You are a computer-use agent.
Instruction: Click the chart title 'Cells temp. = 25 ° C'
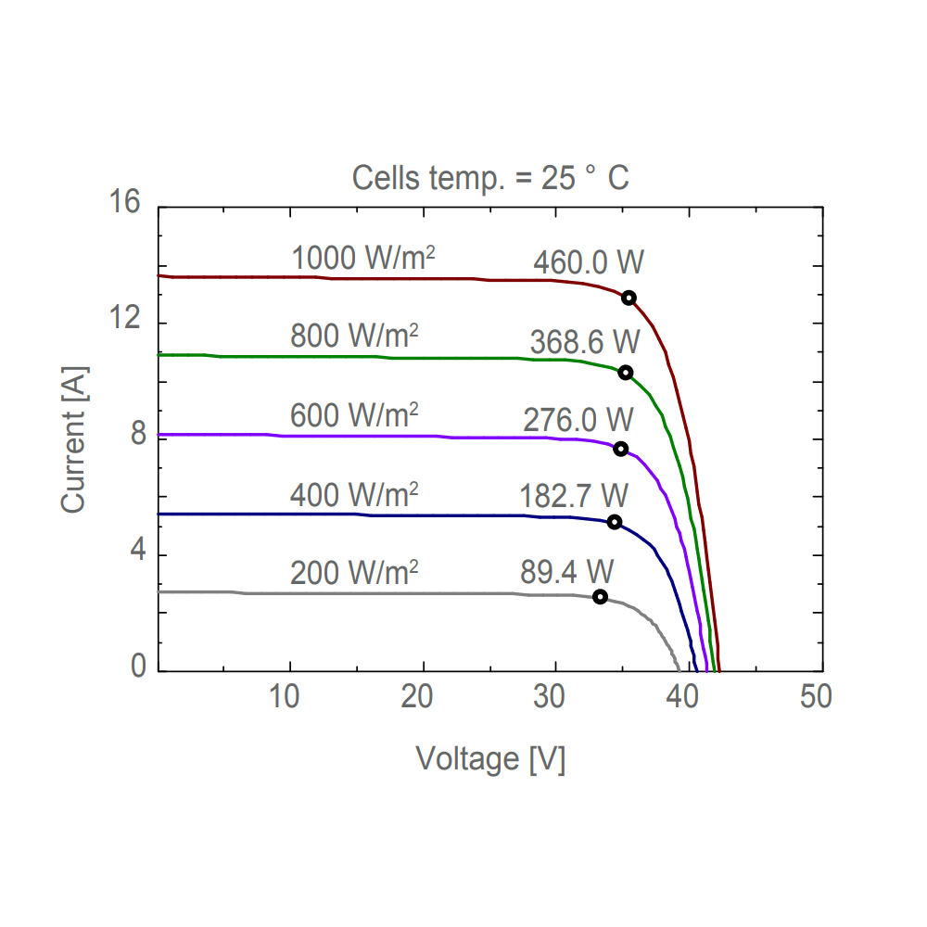click(490, 177)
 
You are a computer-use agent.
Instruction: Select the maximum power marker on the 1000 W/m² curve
click(629, 298)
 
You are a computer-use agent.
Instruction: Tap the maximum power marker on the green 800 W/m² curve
click(626, 373)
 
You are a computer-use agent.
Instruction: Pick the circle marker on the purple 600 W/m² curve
click(621, 449)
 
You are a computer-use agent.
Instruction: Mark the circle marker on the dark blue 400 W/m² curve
click(614, 522)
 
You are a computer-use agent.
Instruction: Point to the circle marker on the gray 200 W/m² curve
click(600, 596)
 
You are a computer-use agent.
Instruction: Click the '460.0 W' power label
click(588, 263)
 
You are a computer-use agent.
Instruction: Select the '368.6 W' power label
click(585, 342)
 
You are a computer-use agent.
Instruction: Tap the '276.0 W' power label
click(578, 420)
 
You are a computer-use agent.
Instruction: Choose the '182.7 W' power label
click(574, 496)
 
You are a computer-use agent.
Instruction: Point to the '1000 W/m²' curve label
click(363, 259)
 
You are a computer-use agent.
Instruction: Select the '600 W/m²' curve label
click(355, 414)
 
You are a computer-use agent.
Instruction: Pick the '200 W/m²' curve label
click(355, 573)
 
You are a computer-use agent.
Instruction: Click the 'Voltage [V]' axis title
click(490, 758)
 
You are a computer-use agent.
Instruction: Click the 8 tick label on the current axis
click(138, 435)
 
